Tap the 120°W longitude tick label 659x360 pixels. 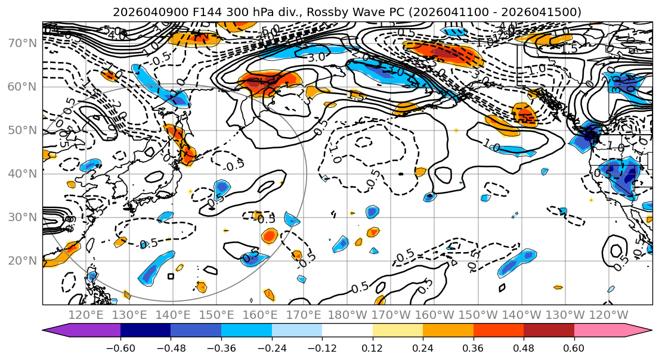click(608, 314)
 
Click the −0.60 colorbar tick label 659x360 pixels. click(120, 347)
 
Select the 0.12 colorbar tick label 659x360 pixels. click(373, 347)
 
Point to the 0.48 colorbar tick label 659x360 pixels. click(524, 347)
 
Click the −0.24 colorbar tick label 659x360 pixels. click(271, 347)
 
